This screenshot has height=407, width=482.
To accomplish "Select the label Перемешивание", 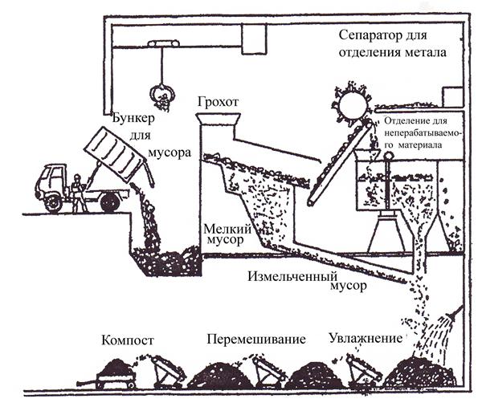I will (256, 340).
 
